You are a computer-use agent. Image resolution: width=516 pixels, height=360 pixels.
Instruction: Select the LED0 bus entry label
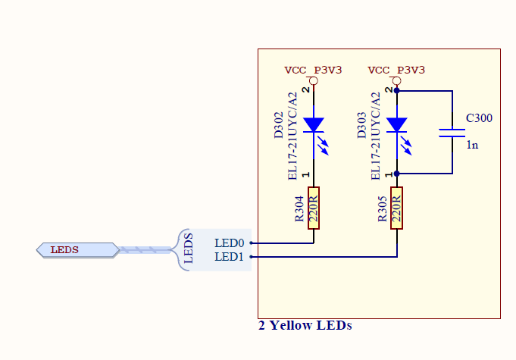pos(230,243)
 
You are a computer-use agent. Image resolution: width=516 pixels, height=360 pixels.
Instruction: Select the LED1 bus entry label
pos(230,257)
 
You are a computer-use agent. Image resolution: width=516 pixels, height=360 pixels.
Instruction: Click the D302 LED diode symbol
pos(314,125)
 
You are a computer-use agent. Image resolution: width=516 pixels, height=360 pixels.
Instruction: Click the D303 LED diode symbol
pos(397,125)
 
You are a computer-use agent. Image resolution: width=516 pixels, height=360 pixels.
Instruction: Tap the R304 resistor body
pos(314,206)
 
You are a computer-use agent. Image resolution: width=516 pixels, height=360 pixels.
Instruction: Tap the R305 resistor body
pos(397,206)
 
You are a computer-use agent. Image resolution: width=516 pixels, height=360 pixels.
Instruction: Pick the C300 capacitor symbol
pos(452,132)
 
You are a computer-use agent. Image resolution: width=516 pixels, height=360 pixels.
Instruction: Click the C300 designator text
pos(479,118)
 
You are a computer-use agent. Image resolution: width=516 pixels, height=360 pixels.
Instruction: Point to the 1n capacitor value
pos(472,144)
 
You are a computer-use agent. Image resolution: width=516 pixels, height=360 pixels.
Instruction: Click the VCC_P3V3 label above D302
pos(313,70)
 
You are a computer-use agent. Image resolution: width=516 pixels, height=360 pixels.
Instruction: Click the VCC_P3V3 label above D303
pos(396,70)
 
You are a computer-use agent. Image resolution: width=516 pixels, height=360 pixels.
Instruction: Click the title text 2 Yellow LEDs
pos(305,326)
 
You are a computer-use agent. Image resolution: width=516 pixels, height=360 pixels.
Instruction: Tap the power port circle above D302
pos(313,80)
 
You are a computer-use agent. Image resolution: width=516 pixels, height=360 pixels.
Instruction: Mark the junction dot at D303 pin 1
pos(397,174)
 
